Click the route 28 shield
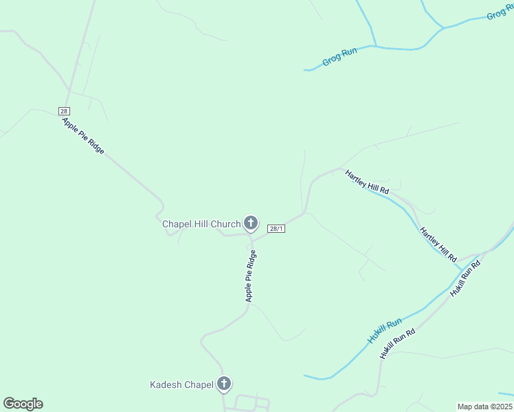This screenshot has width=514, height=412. click(x=64, y=111)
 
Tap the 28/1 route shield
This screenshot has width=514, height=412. click(x=276, y=229)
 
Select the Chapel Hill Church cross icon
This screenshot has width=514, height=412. click(x=251, y=223)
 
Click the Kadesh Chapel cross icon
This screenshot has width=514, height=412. click(x=224, y=385)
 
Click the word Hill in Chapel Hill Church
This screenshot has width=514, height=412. click(x=199, y=224)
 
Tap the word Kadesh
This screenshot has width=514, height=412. click(x=165, y=385)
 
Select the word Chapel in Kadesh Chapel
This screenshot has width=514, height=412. click(x=199, y=385)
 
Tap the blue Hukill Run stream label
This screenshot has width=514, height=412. click(x=384, y=332)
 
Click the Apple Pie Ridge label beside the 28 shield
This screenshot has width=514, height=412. click(x=83, y=136)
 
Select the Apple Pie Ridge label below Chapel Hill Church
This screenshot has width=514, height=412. click(x=251, y=276)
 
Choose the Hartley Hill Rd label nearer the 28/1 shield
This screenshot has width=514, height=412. click(x=367, y=181)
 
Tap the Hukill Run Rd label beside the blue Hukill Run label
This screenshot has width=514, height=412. click(x=398, y=344)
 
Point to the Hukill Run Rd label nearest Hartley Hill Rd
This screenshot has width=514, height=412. click(x=465, y=278)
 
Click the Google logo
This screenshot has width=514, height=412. click(x=23, y=404)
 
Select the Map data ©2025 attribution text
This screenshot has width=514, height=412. click(x=484, y=407)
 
